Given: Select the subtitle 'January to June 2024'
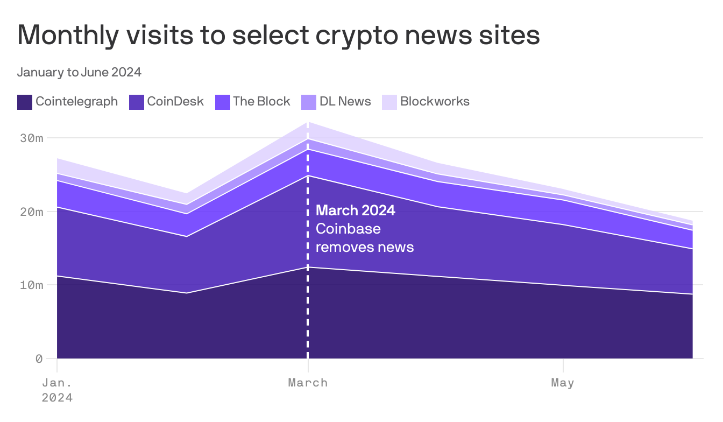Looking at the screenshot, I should click(x=79, y=72).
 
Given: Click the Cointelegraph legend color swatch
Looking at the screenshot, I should click(x=25, y=102).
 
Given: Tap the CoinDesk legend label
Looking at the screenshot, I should click(x=175, y=101).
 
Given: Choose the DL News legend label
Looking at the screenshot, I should click(x=345, y=101).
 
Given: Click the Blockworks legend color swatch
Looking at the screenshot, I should click(x=389, y=102).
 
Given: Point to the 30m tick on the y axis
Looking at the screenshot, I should click(x=32, y=138).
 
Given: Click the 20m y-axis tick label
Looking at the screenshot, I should click(x=32, y=212).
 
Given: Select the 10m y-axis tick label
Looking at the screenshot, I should click(x=32, y=285).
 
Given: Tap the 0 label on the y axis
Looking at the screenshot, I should click(x=39, y=358).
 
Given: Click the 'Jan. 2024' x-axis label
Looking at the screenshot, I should click(x=57, y=390).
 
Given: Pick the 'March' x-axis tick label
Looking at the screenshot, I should click(x=308, y=383).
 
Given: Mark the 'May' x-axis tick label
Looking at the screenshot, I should click(x=563, y=383).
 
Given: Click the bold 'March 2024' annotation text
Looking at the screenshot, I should click(x=356, y=210).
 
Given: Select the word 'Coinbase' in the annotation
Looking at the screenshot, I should click(x=348, y=229).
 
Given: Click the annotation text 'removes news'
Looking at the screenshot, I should click(x=365, y=247).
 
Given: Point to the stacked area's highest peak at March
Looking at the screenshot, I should click(x=308, y=122).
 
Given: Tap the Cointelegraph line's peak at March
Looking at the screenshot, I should click(x=308, y=267).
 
